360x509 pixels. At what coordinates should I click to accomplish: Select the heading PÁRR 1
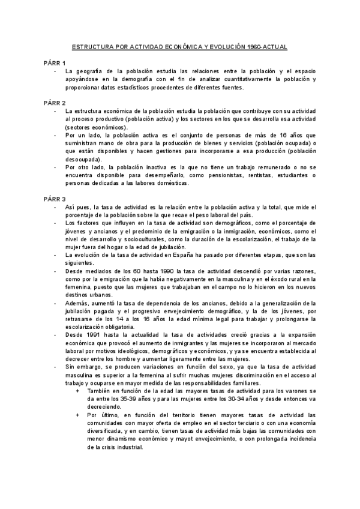tap(55, 62)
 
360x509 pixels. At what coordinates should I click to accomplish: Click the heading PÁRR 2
tap(55, 103)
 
